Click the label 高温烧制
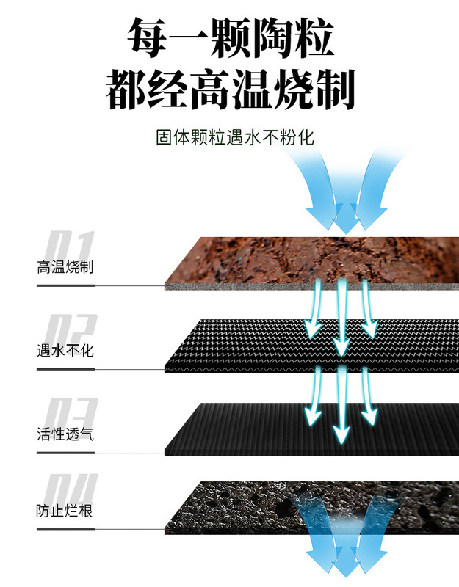[x=65, y=267]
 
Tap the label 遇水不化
[x=65, y=351]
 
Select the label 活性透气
[x=65, y=434]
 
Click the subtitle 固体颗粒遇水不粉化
[x=234, y=136]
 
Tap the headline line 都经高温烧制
[x=231, y=91]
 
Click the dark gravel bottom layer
[x=242, y=506]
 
